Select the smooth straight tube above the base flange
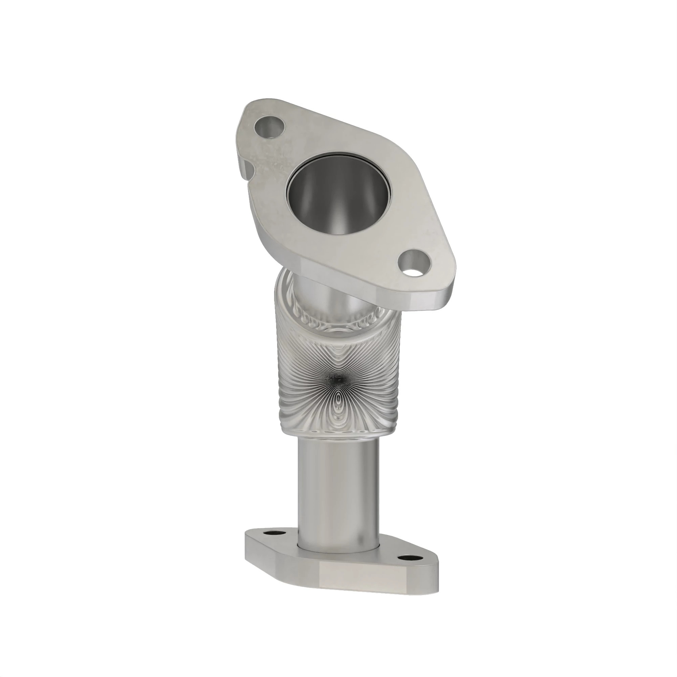[338, 490]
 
